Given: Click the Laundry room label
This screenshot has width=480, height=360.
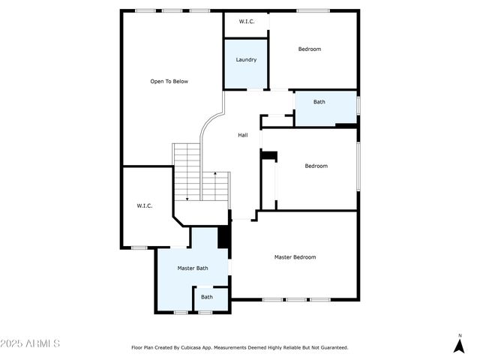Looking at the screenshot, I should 246,60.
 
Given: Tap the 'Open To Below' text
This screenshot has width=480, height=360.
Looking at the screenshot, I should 169,81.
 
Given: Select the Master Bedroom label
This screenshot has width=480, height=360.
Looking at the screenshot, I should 295,257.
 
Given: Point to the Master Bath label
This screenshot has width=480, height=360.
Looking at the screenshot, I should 193,268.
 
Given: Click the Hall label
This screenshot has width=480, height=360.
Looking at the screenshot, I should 243,135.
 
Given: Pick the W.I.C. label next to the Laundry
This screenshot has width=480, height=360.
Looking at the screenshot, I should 247,22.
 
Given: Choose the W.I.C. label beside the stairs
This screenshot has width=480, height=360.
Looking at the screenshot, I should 145,205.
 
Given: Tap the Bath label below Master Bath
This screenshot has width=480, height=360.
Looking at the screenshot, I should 206,297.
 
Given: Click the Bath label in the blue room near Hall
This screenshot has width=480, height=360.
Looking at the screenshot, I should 319,102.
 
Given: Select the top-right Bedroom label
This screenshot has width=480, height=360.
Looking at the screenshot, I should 310,49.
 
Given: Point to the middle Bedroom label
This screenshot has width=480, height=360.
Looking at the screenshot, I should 316,166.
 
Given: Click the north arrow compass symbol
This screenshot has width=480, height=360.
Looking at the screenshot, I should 460,345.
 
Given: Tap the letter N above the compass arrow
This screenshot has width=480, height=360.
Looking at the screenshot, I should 460,334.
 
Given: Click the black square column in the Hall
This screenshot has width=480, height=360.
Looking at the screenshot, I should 269,156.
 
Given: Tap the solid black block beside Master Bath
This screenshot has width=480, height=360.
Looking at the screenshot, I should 223,236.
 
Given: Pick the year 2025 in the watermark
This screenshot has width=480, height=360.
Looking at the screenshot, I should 12,343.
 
